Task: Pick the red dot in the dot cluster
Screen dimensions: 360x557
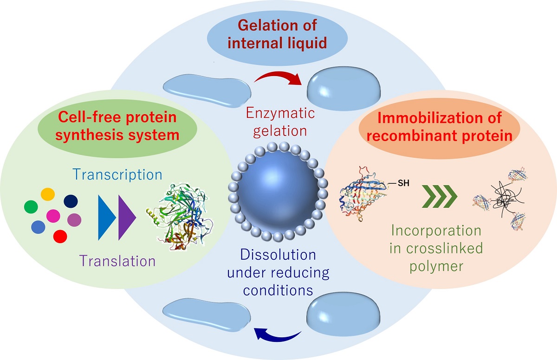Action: click(60, 236)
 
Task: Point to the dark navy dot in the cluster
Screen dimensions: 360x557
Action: click(71, 201)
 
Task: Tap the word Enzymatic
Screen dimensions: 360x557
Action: click(281, 113)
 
